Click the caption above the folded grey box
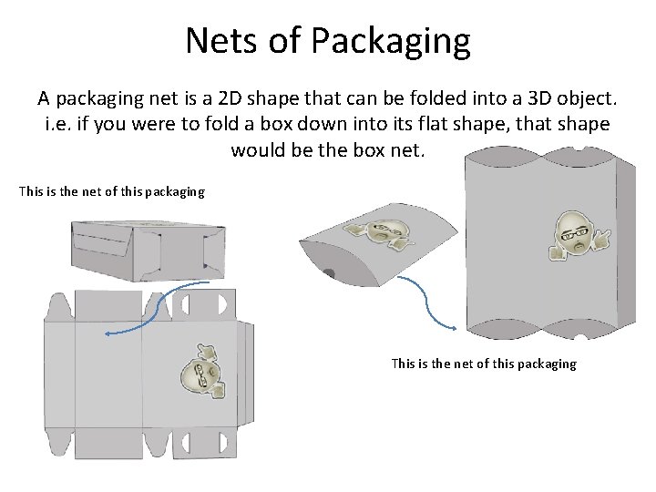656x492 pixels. point(112,192)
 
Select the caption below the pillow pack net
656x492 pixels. point(483,364)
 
